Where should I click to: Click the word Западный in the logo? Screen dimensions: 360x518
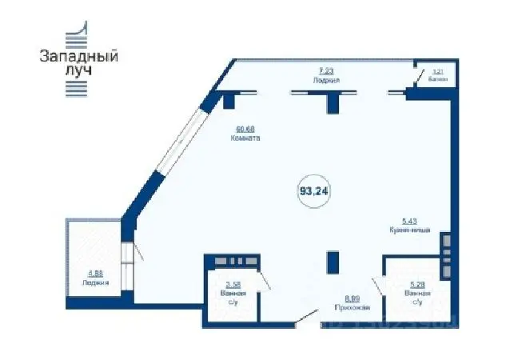(79, 57)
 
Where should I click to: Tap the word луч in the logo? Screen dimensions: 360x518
(78, 70)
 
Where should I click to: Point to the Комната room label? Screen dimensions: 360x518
(246, 138)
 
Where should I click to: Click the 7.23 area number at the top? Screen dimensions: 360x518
(328, 70)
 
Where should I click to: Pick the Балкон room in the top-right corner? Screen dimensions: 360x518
(437, 75)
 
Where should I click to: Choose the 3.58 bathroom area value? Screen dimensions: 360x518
(233, 285)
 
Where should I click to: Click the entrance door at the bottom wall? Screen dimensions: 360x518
(305, 318)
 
